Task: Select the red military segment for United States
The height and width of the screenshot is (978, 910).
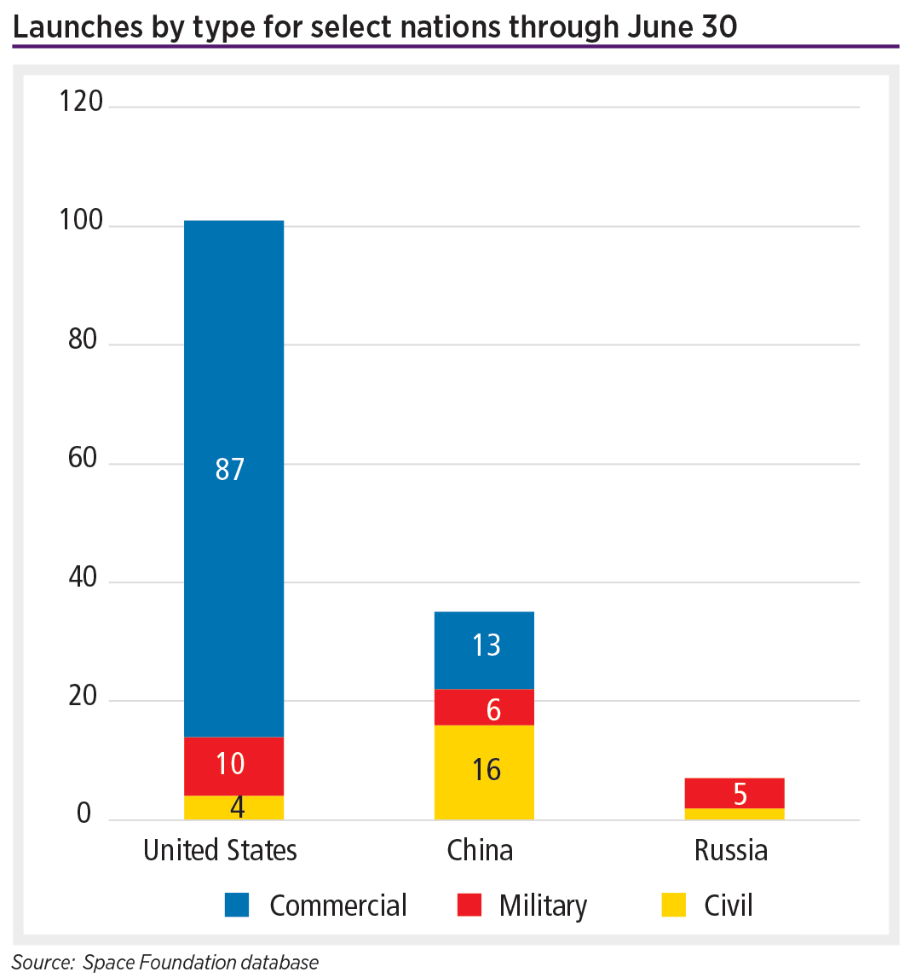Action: pyautogui.click(x=233, y=765)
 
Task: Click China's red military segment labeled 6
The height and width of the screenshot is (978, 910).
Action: pyautogui.click(x=484, y=707)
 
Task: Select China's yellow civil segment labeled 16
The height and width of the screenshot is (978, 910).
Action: pyautogui.click(x=484, y=772)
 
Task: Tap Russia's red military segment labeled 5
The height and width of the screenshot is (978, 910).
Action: pyautogui.click(x=734, y=792)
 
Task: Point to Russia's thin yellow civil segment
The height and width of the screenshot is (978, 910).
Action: pyautogui.click(x=734, y=813)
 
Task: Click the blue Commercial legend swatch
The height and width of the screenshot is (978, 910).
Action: pyautogui.click(x=237, y=905)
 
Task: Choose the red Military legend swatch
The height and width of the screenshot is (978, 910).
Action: pyautogui.click(x=469, y=905)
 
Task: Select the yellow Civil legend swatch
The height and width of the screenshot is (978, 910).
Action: pyautogui.click(x=674, y=905)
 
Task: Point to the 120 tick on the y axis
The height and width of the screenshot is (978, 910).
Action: pyautogui.click(x=81, y=101)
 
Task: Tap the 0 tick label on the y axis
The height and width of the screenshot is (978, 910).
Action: pyautogui.click(x=84, y=813)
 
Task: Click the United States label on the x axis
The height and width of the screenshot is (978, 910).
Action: pyautogui.click(x=220, y=850)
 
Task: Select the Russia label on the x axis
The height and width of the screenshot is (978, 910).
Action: pyautogui.click(x=731, y=850)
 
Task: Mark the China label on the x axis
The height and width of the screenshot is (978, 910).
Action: pyautogui.click(x=480, y=850)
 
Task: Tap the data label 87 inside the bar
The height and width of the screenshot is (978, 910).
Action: pyautogui.click(x=230, y=469)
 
